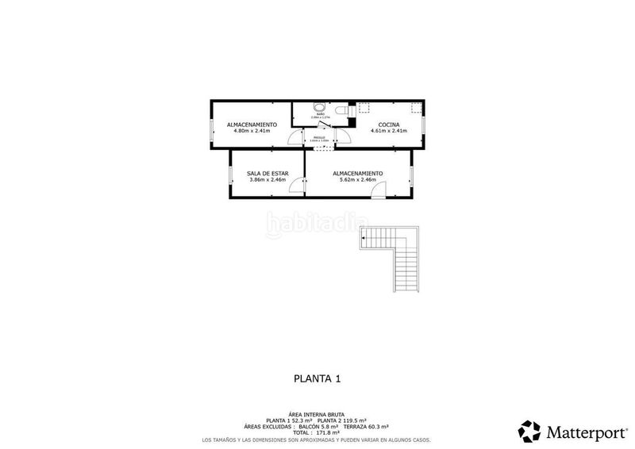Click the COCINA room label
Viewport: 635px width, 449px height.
tap(389, 125)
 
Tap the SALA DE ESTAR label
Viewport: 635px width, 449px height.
tap(267, 173)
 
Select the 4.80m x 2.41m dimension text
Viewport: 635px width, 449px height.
tap(252, 131)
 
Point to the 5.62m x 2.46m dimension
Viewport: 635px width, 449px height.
tap(357, 179)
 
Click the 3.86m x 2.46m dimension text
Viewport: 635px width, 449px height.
tap(267, 179)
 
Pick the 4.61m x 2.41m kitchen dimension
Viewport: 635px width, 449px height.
tap(389, 131)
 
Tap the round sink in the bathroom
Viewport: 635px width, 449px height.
tap(320, 108)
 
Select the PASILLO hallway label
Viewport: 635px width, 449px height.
tap(319, 137)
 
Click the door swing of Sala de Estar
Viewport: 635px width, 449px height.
tap(296, 185)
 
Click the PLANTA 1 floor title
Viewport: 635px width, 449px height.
tap(317, 379)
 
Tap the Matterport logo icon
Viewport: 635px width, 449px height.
tap(529, 431)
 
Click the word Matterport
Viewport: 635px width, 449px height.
tap(581, 432)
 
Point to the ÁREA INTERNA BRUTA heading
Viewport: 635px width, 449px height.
tap(317, 414)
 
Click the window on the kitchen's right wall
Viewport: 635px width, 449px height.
tap(424, 125)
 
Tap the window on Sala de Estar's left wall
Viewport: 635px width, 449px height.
tap(230, 177)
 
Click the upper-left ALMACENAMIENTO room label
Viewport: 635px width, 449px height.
tap(252, 125)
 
